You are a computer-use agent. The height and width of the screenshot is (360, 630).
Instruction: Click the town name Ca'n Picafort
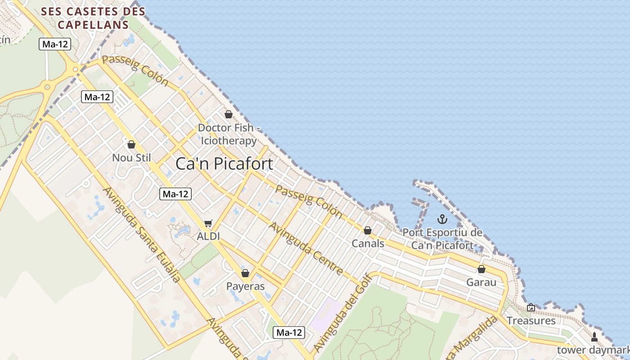pyautogui.click(x=224, y=164)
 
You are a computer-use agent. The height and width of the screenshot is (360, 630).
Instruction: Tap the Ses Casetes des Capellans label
pyautogui.click(x=93, y=18)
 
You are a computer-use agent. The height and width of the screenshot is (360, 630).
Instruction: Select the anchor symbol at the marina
pyautogui.click(x=442, y=220)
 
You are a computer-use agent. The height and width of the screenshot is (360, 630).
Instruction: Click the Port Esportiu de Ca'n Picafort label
pyautogui.click(x=442, y=239)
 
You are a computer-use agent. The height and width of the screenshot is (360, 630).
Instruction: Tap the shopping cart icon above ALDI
pyautogui.click(x=208, y=223)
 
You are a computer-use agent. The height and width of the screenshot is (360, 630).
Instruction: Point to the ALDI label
pyautogui.click(x=208, y=236)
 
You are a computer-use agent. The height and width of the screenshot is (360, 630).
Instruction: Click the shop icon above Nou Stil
pyautogui.click(x=131, y=144)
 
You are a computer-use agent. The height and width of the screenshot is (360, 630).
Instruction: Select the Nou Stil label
pyautogui.click(x=131, y=158)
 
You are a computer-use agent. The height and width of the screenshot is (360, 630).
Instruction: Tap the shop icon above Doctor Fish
pyautogui.click(x=229, y=114)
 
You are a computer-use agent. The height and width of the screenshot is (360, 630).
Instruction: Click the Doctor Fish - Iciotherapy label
pyautogui.click(x=229, y=134)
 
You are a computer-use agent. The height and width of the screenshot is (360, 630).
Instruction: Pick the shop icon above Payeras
pyautogui.click(x=245, y=273)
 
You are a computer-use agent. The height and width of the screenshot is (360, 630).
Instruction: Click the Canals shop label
pyautogui.click(x=368, y=243)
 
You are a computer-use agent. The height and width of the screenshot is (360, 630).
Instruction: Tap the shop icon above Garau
pyautogui.click(x=481, y=269)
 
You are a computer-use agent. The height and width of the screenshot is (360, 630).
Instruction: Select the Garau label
pyautogui.click(x=481, y=283)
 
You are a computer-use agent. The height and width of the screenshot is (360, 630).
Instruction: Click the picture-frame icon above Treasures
pyautogui.click(x=531, y=307)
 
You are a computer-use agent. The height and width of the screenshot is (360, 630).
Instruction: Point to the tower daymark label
pyautogui.click(x=593, y=350)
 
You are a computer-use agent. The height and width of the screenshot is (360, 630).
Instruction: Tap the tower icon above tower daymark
pyautogui.click(x=594, y=337)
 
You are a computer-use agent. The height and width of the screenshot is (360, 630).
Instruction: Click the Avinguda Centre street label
pyautogui.click(x=306, y=248)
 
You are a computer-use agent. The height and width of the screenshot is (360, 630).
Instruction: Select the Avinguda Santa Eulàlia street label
pyautogui.click(x=141, y=234)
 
